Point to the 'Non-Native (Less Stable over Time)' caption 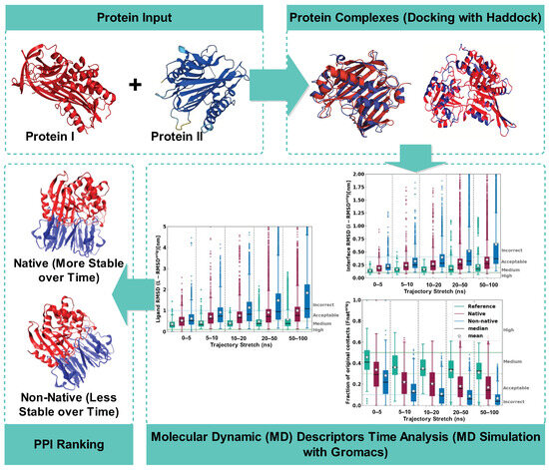[71, 388]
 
